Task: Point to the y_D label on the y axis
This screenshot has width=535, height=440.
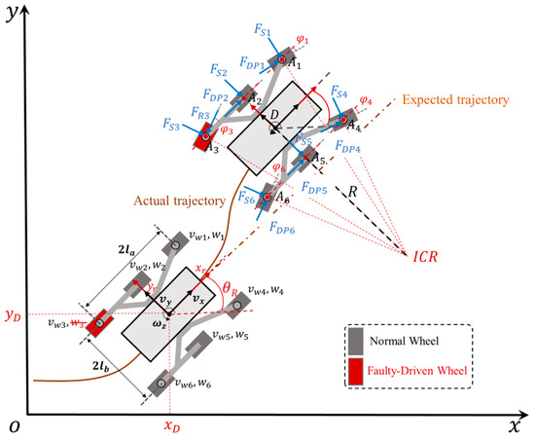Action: tap(13, 316)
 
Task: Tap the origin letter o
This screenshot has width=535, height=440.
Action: tap(13, 427)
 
